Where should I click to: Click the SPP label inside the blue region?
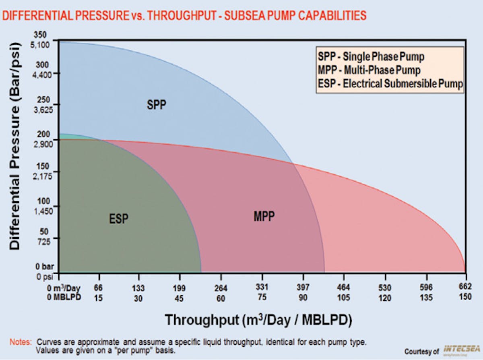coord(156,105)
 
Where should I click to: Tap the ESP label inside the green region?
coord(119,219)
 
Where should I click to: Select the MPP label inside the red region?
coord(264,217)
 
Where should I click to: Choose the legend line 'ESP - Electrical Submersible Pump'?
coord(389,84)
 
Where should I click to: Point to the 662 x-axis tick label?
coord(466,288)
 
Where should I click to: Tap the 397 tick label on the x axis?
coord(303,288)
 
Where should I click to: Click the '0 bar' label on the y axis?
coord(45,267)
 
